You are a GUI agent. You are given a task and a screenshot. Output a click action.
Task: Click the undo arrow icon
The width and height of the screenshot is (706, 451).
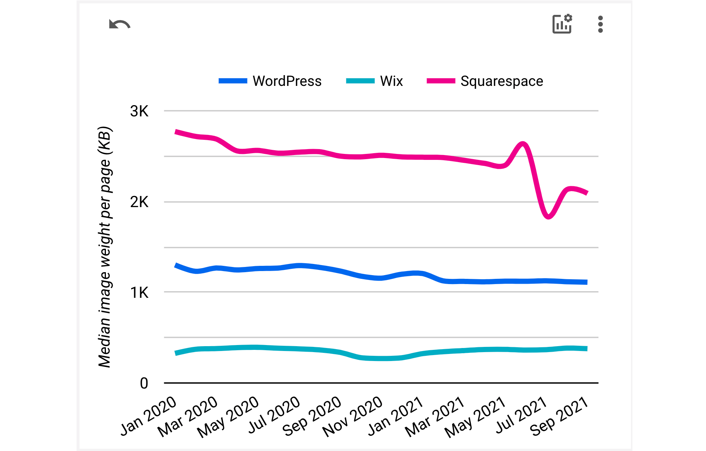coord(120,25)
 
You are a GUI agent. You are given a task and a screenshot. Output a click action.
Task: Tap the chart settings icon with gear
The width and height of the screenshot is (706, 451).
coord(562,24)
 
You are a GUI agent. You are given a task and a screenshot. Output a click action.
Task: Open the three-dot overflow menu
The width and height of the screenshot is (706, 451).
coord(600,24)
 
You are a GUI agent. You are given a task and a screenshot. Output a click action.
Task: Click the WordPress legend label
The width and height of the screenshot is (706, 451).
coord(287,81)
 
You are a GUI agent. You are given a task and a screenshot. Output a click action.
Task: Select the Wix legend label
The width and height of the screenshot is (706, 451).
coord(391,81)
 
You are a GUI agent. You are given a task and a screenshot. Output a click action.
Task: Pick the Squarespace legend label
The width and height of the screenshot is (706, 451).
coord(502,81)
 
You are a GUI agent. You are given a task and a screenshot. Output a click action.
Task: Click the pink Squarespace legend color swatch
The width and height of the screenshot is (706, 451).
coord(441,81)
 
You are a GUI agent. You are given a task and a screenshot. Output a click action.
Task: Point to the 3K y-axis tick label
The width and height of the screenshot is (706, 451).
coord(139,111)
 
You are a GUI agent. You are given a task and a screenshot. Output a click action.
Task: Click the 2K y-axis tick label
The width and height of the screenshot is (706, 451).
coord(139,202)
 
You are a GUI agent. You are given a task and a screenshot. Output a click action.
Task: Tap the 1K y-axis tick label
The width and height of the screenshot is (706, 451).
coord(139,293)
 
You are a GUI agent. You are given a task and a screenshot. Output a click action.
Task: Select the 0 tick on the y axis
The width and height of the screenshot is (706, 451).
coord(144,383)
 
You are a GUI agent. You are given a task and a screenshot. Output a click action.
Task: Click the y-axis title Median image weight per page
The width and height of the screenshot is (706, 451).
coord(105,247)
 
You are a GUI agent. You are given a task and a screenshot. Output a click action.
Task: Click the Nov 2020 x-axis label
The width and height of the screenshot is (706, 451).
coord(353,416)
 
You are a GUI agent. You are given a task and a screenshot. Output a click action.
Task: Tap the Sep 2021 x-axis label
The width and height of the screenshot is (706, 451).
coord(559,416)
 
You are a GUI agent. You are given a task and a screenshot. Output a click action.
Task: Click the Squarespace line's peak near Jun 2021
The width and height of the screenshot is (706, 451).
coord(523,144)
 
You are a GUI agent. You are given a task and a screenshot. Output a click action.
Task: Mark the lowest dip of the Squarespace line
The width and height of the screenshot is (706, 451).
coord(548,216)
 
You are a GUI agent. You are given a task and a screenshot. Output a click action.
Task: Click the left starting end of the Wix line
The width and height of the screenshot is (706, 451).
coord(176,353)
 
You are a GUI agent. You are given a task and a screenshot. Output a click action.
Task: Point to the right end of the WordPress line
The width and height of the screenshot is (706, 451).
coord(586,282)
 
